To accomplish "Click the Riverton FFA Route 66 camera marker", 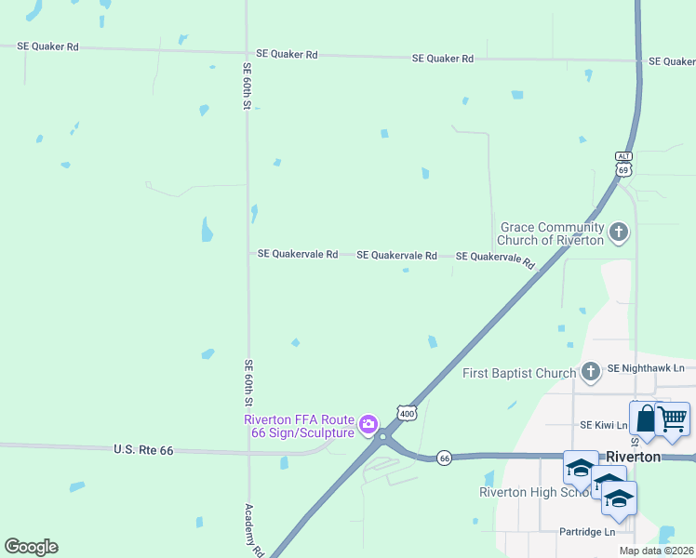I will pos(368,425).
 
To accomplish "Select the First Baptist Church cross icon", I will pos(590,373).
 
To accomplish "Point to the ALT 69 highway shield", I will pos(623,164).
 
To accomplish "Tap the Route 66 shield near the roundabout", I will pos(445,458).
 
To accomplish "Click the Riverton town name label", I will pos(633,458).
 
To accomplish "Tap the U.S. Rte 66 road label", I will pos(144,449).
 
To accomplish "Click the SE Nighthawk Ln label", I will pos(645,368).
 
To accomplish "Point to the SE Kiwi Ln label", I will pos(604,425).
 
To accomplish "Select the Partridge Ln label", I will pos(587,532).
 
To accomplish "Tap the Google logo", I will pos(31,547).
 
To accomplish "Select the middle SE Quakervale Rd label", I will pos(396,255).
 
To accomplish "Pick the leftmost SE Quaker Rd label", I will pos(47,46).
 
